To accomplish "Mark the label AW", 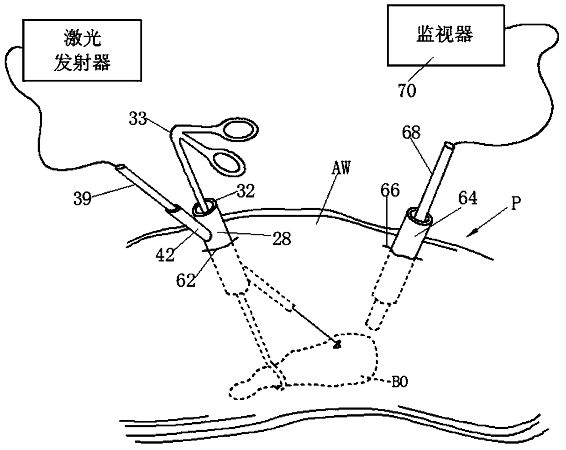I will pos(340,169).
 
